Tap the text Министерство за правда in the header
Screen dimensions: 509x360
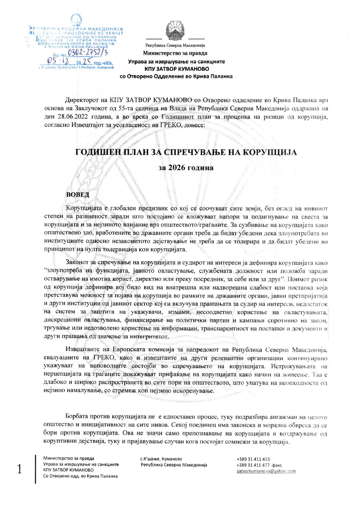(x=175, y=53)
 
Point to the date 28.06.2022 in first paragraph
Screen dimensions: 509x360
(x=72, y=117)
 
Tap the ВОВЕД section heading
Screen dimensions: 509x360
(x=78, y=194)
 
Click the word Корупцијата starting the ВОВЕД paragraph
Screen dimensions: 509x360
(x=82, y=208)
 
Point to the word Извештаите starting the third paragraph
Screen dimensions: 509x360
(x=83, y=350)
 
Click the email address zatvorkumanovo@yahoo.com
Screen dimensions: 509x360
(x=266, y=471)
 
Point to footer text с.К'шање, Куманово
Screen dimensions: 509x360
(x=161, y=459)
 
